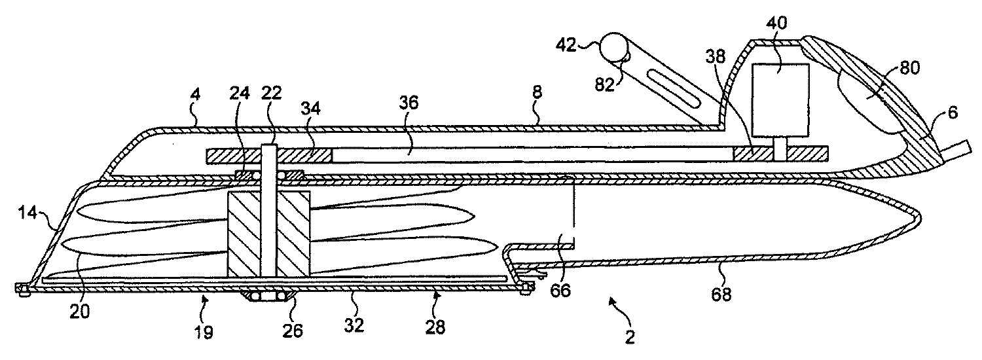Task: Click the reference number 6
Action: pos(952,113)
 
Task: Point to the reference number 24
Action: pos(239,94)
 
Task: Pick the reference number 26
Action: pos(293,331)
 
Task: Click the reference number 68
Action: pos(721,295)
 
